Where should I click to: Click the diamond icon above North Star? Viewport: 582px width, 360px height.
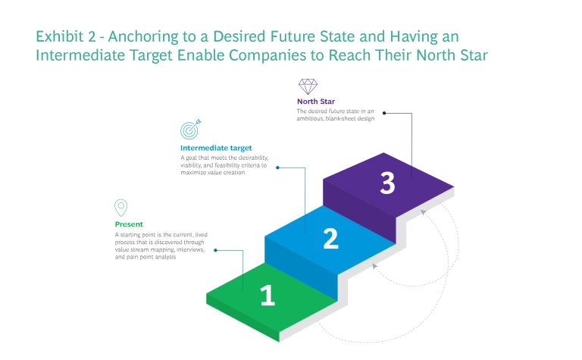308,86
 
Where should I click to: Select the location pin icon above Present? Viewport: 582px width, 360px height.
120,208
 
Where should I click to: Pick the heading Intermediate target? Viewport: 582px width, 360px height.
216,148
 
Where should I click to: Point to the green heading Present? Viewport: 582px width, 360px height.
129,224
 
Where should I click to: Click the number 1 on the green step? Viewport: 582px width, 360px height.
268,296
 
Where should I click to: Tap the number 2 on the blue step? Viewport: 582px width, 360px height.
330,239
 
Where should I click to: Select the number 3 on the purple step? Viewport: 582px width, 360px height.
387,183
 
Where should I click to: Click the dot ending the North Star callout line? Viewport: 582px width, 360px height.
384,113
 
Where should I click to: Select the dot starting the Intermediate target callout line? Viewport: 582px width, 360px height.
277,167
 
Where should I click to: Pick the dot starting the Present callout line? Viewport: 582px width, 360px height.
216,249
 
